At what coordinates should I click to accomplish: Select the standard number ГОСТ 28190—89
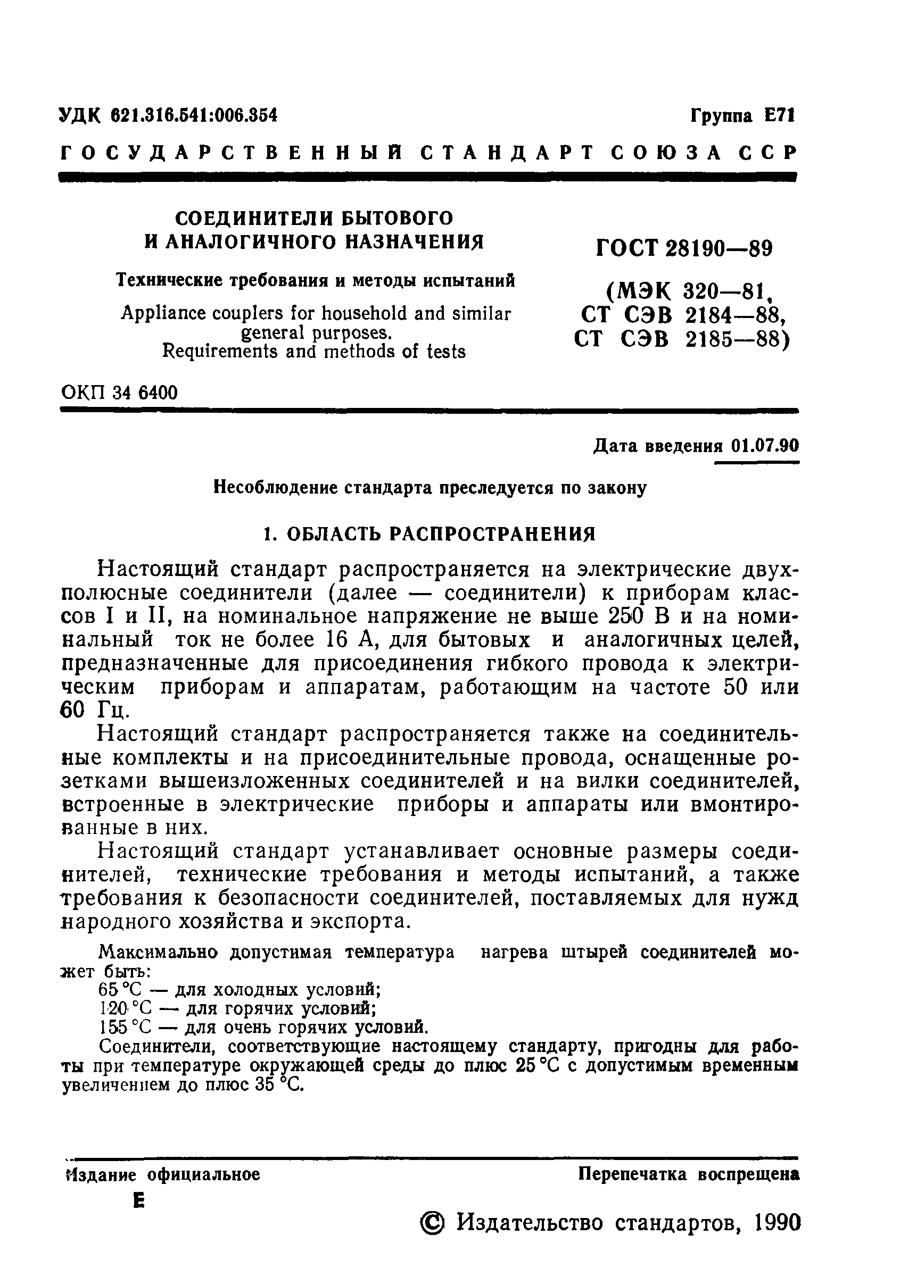[x=684, y=247]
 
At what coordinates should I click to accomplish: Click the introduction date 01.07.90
[x=764, y=446]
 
